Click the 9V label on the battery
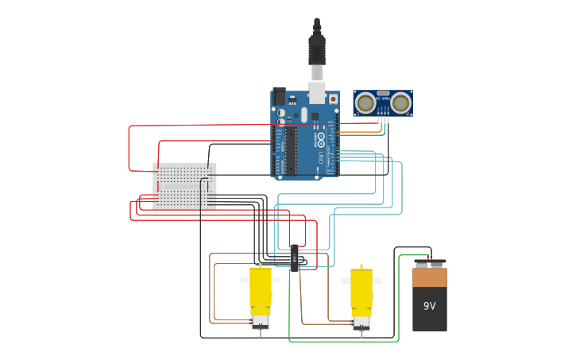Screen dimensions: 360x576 tap(429, 306)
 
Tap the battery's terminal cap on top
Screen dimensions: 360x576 tap(430, 263)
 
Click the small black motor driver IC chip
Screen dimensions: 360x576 tap(295, 258)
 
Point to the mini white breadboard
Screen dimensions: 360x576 tap(184, 186)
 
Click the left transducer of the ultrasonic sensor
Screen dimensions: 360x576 tap(365, 103)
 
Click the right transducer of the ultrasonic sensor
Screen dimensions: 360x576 tap(400, 103)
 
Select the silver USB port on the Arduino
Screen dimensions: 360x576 tap(317, 94)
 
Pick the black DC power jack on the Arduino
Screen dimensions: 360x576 tap(279, 96)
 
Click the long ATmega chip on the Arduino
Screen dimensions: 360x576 tap(291, 149)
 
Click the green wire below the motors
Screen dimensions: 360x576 tap(342, 341)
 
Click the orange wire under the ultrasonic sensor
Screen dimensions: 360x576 tap(381, 126)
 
